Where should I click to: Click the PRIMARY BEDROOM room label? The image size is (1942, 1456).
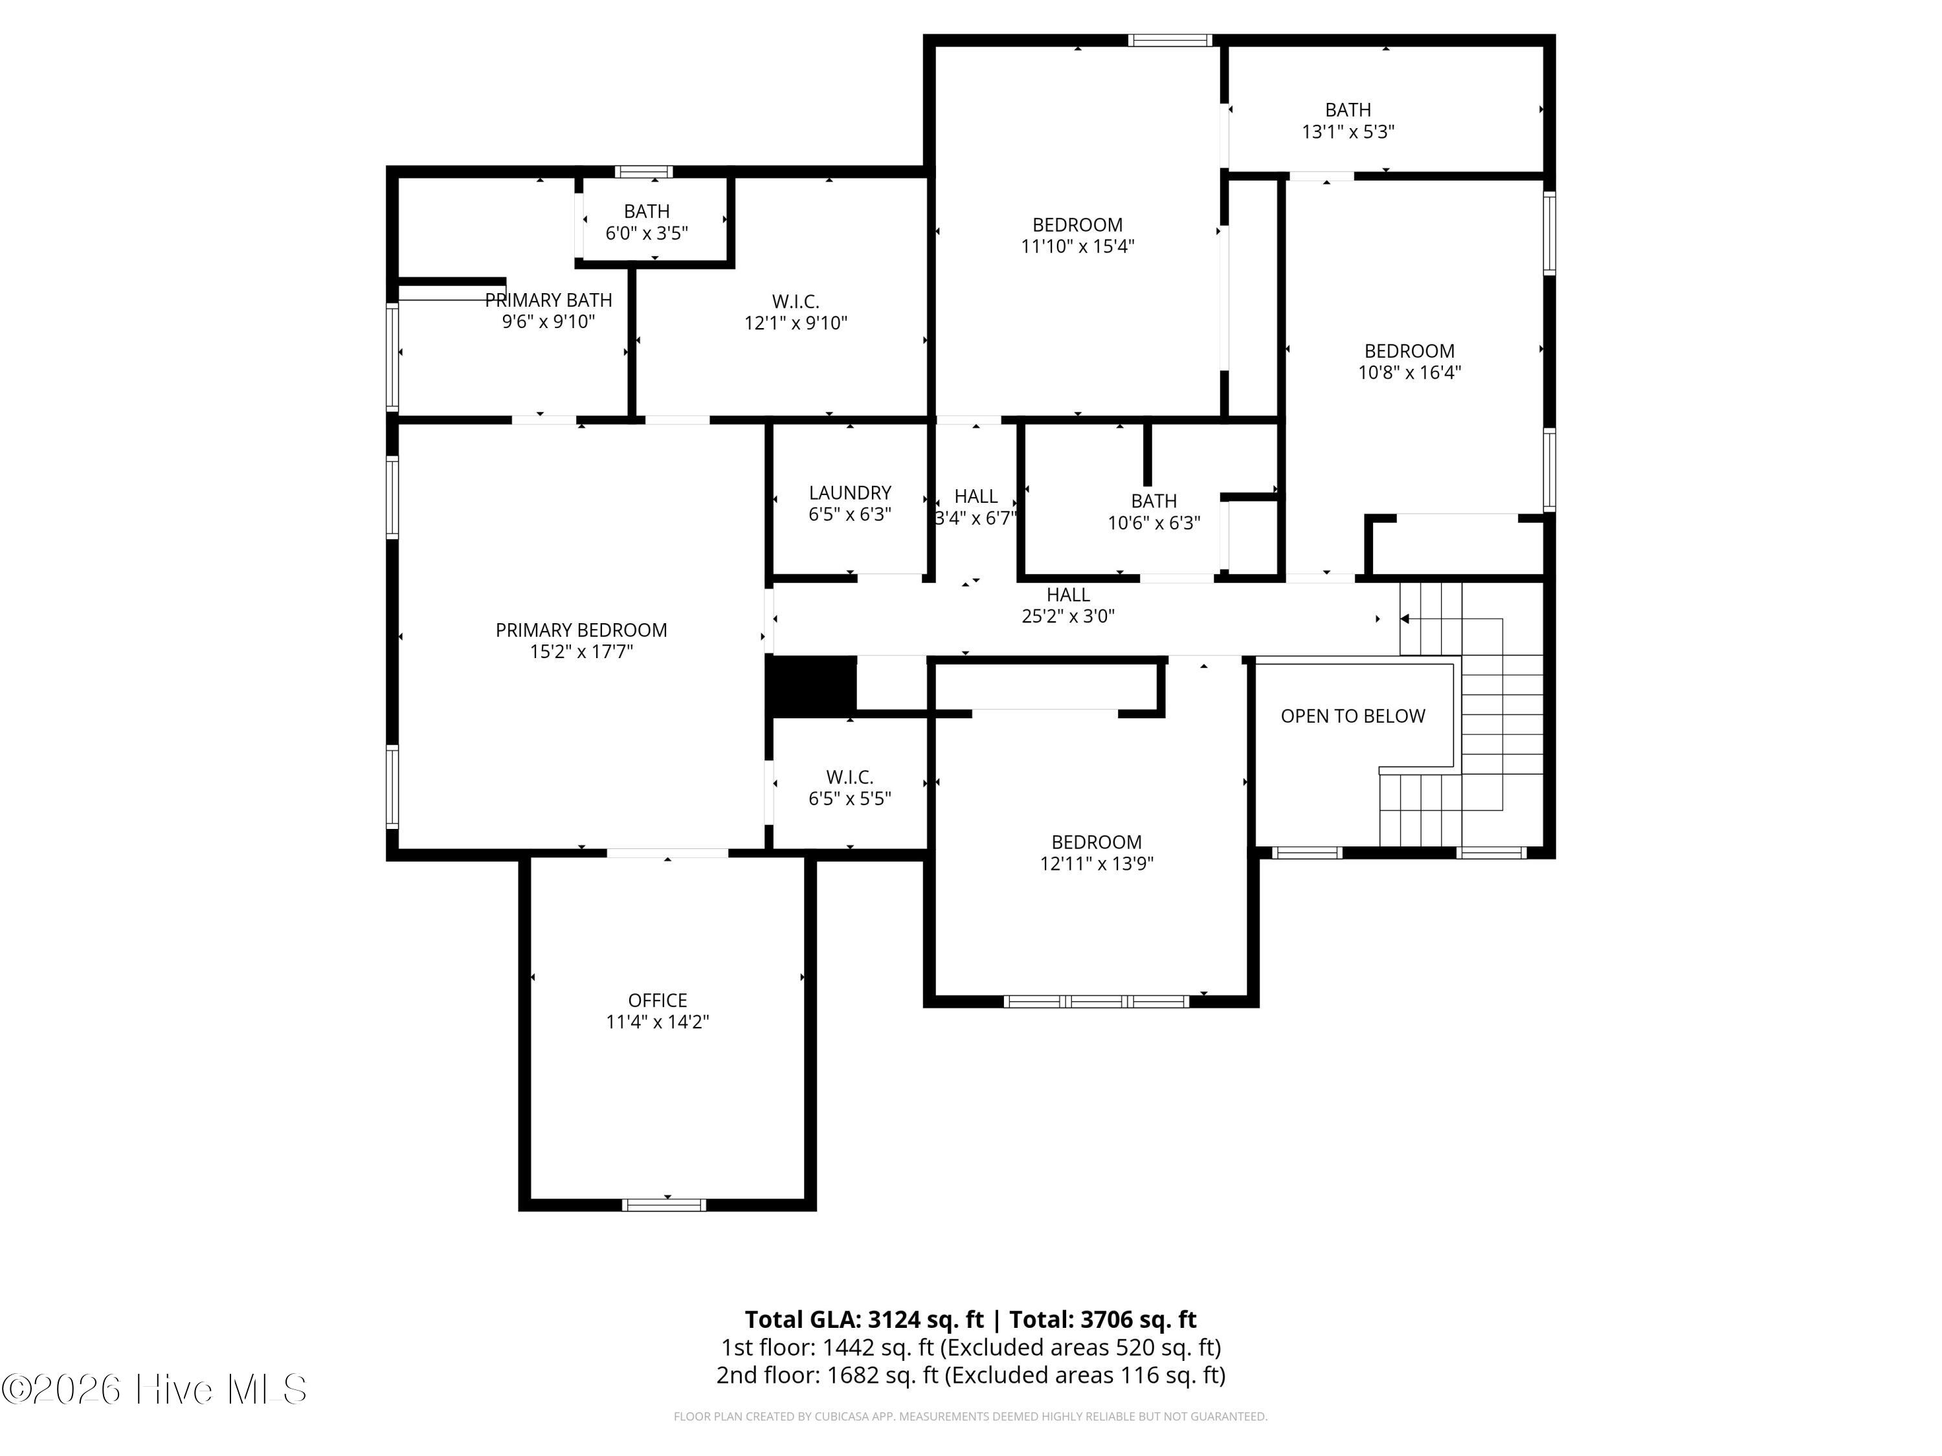(x=581, y=630)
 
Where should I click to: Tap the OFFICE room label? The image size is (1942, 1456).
(x=658, y=1000)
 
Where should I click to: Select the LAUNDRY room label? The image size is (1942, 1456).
(x=850, y=493)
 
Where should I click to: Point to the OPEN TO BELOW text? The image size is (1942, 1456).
(x=1353, y=716)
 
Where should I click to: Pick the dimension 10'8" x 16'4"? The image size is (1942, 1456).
(x=1409, y=372)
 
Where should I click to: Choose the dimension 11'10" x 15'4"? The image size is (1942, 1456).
(x=1077, y=247)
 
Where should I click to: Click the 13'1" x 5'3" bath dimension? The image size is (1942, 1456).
(x=1348, y=131)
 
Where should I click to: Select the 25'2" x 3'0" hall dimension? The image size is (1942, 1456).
(x=1067, y=616)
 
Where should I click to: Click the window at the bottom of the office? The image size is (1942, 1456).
(x=664, y=1205)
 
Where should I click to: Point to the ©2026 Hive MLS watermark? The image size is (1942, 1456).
(x=155, y=1389)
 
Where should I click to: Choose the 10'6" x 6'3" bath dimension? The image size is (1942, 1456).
(x=1154, y=523)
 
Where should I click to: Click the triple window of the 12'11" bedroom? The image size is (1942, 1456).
(x=1097, y=1001)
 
